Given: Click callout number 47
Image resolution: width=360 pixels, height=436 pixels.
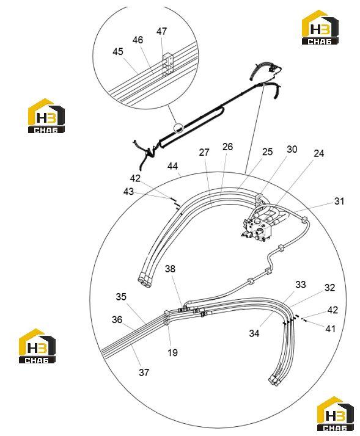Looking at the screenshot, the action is (x=161, y=31).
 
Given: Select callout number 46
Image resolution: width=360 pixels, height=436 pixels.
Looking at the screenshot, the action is (x=138, y=40).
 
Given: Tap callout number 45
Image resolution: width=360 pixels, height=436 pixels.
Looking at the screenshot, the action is (x=118, y=52).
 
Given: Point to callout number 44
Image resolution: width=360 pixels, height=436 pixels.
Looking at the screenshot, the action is (x=172, y=166).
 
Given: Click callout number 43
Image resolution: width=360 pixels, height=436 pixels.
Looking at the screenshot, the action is (x=128, y=192).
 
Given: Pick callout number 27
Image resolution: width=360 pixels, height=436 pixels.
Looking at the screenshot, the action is (x=204, y=153).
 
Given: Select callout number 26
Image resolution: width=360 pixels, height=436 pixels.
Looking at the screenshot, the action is (x=227, y=147).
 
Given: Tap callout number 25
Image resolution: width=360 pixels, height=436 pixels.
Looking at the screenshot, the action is (x=267, y=152).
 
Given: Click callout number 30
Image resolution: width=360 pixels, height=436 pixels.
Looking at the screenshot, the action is (x=292, y=150).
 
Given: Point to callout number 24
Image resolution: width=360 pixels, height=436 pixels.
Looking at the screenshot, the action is (x=319, y=153).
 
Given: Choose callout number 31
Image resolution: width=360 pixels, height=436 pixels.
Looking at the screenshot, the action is (x=339, y=201).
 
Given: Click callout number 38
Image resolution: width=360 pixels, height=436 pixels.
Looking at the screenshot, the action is (x=170, y=269).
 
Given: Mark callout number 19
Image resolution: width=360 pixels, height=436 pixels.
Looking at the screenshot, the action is (x=172, y=352).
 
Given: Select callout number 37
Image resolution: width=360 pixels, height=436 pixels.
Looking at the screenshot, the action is (x=144, y=372).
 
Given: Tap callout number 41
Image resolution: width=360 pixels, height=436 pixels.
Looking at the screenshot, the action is (x=331, y=329).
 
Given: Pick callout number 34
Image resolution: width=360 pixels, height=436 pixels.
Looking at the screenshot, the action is (x=254, y=333).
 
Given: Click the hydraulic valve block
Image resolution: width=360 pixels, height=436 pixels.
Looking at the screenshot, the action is (x=257, y=228).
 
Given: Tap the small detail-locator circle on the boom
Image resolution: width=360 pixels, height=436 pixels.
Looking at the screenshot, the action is (x=178, y=128).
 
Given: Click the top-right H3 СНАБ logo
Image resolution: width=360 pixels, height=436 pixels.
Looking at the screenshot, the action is (x=320, y=27).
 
